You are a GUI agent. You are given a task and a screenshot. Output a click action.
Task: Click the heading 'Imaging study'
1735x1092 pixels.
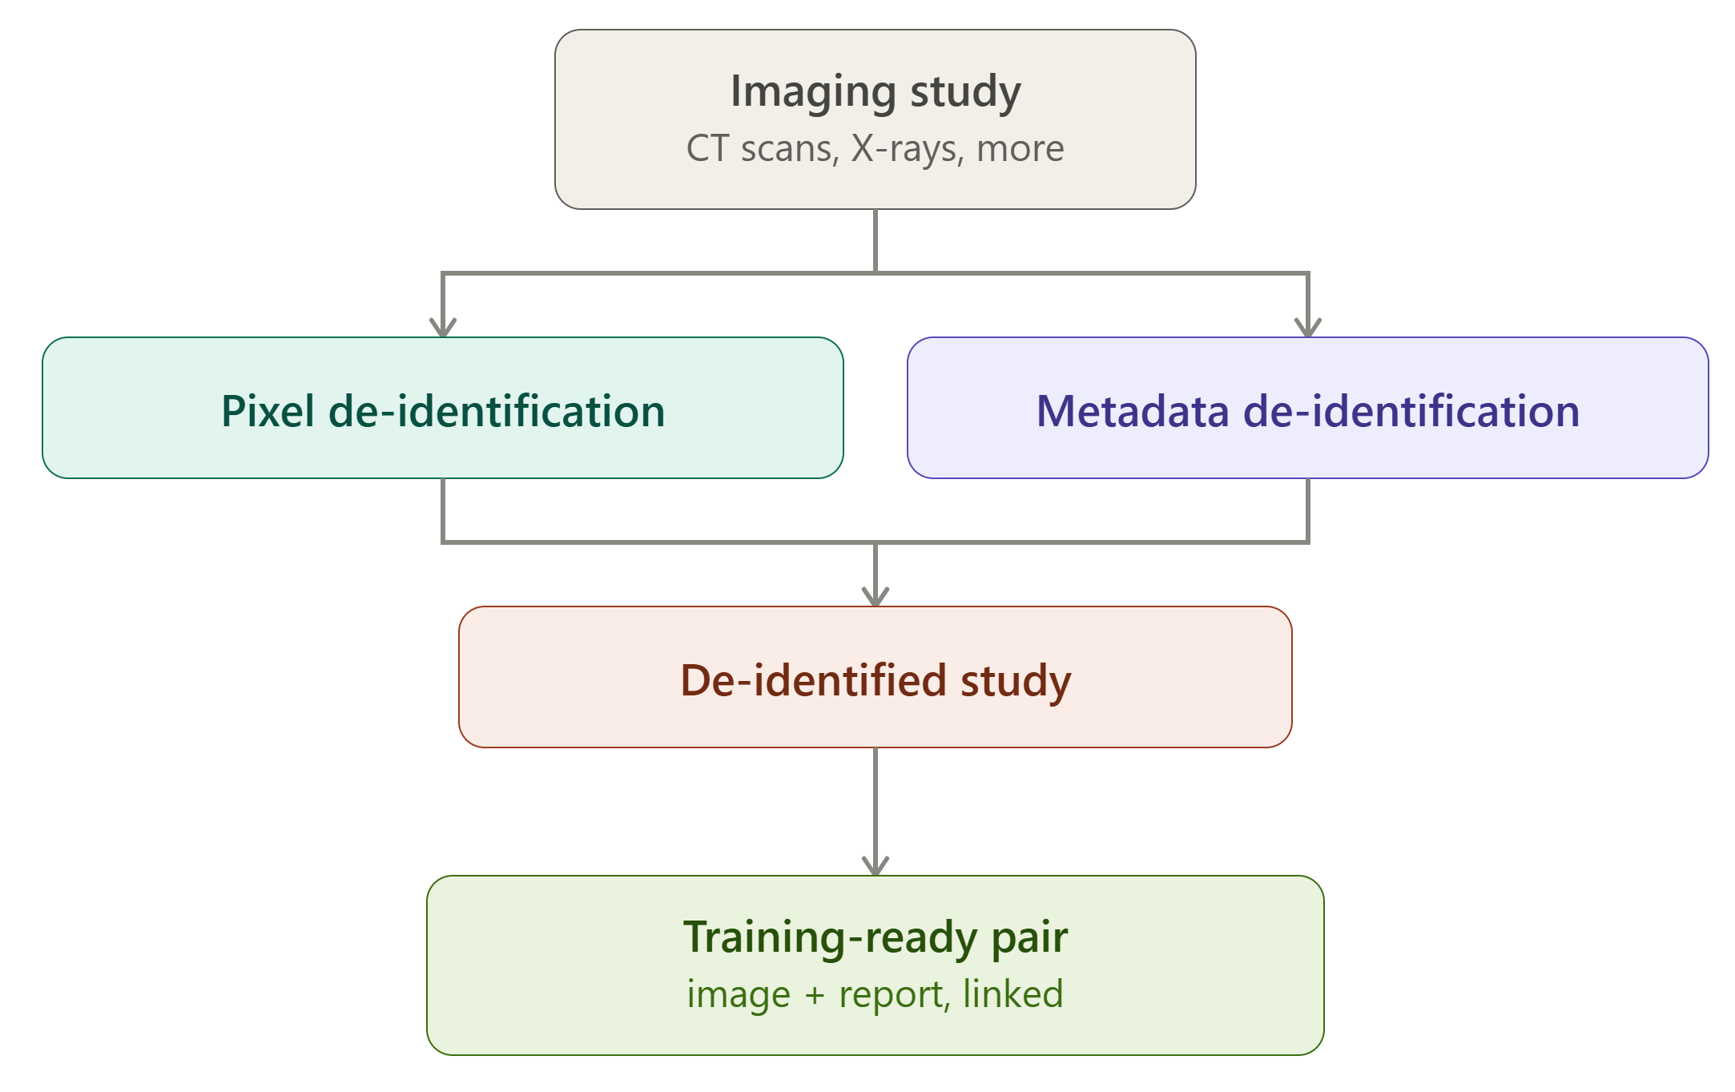pyautogui.click(x=876, y=92)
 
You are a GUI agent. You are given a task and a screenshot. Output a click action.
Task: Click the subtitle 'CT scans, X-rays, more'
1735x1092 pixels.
pyautogui.click(x=876, y=149)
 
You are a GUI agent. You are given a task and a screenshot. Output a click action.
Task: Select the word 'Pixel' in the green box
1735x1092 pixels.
pyautogui.click(x=268, y=412)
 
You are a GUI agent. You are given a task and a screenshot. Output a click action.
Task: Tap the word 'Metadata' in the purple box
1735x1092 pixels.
pyautogui.click(x=1133, y=412)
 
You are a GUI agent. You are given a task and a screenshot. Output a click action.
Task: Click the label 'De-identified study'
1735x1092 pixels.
pyautogui.click(x=876, y=681)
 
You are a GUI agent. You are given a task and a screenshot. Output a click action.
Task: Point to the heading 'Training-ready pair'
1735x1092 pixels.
pyautogui.click(x=876, y=937)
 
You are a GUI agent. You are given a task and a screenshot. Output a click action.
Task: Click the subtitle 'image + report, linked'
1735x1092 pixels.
pyautogui.click(x=876, y=995)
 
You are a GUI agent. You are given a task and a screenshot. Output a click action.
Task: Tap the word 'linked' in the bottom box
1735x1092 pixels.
pyautogui.click(x=1013, y=993)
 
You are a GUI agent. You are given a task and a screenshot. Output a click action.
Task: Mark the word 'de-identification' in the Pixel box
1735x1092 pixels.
pyautogui.click(x=497, y=412)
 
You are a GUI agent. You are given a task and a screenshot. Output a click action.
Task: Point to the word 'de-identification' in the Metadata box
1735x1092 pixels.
pyautogui.click(x=1411, y=412)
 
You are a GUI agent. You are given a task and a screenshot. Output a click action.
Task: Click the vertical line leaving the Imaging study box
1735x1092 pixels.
pyautogui.click(x=876, y=241)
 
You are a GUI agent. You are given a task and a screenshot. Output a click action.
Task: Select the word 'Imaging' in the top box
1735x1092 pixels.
pyautogui.click(x=813, y=92)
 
